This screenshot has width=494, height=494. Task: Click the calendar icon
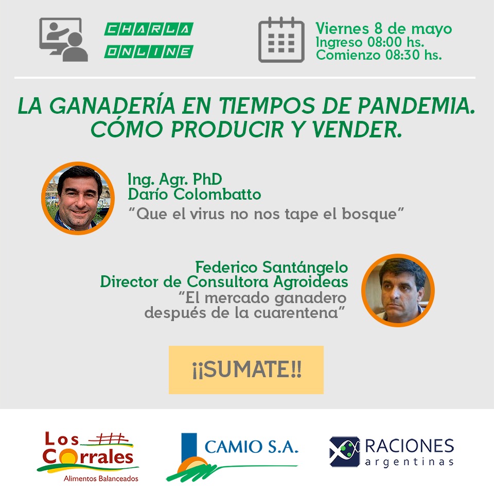click(281, 40)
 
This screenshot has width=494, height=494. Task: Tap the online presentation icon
click(63, 40)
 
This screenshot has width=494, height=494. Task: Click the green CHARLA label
click(149, 29)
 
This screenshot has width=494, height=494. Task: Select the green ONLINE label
click(149, 51)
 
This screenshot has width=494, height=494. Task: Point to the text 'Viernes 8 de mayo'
click(384, 29)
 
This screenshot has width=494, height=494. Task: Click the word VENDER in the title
click(357, 130)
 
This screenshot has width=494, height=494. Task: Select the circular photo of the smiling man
click(78, 198)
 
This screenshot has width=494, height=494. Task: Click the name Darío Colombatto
click(195, 194)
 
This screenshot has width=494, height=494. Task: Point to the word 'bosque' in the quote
click(369, 214)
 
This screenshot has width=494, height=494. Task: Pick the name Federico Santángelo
click(272, 268)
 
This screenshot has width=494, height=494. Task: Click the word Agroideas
click(311, 281)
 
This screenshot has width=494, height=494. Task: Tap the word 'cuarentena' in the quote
click(295, 313)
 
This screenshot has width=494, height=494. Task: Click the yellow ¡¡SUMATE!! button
click(246, 370)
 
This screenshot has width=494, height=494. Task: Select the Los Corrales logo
click(88, 456)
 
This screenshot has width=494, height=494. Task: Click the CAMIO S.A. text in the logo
click(251, 447)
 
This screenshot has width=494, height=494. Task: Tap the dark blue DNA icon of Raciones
click(344, 451)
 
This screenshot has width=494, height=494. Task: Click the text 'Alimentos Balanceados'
click(101, 479)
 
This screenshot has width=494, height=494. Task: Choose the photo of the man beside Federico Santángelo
click(398, 290)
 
